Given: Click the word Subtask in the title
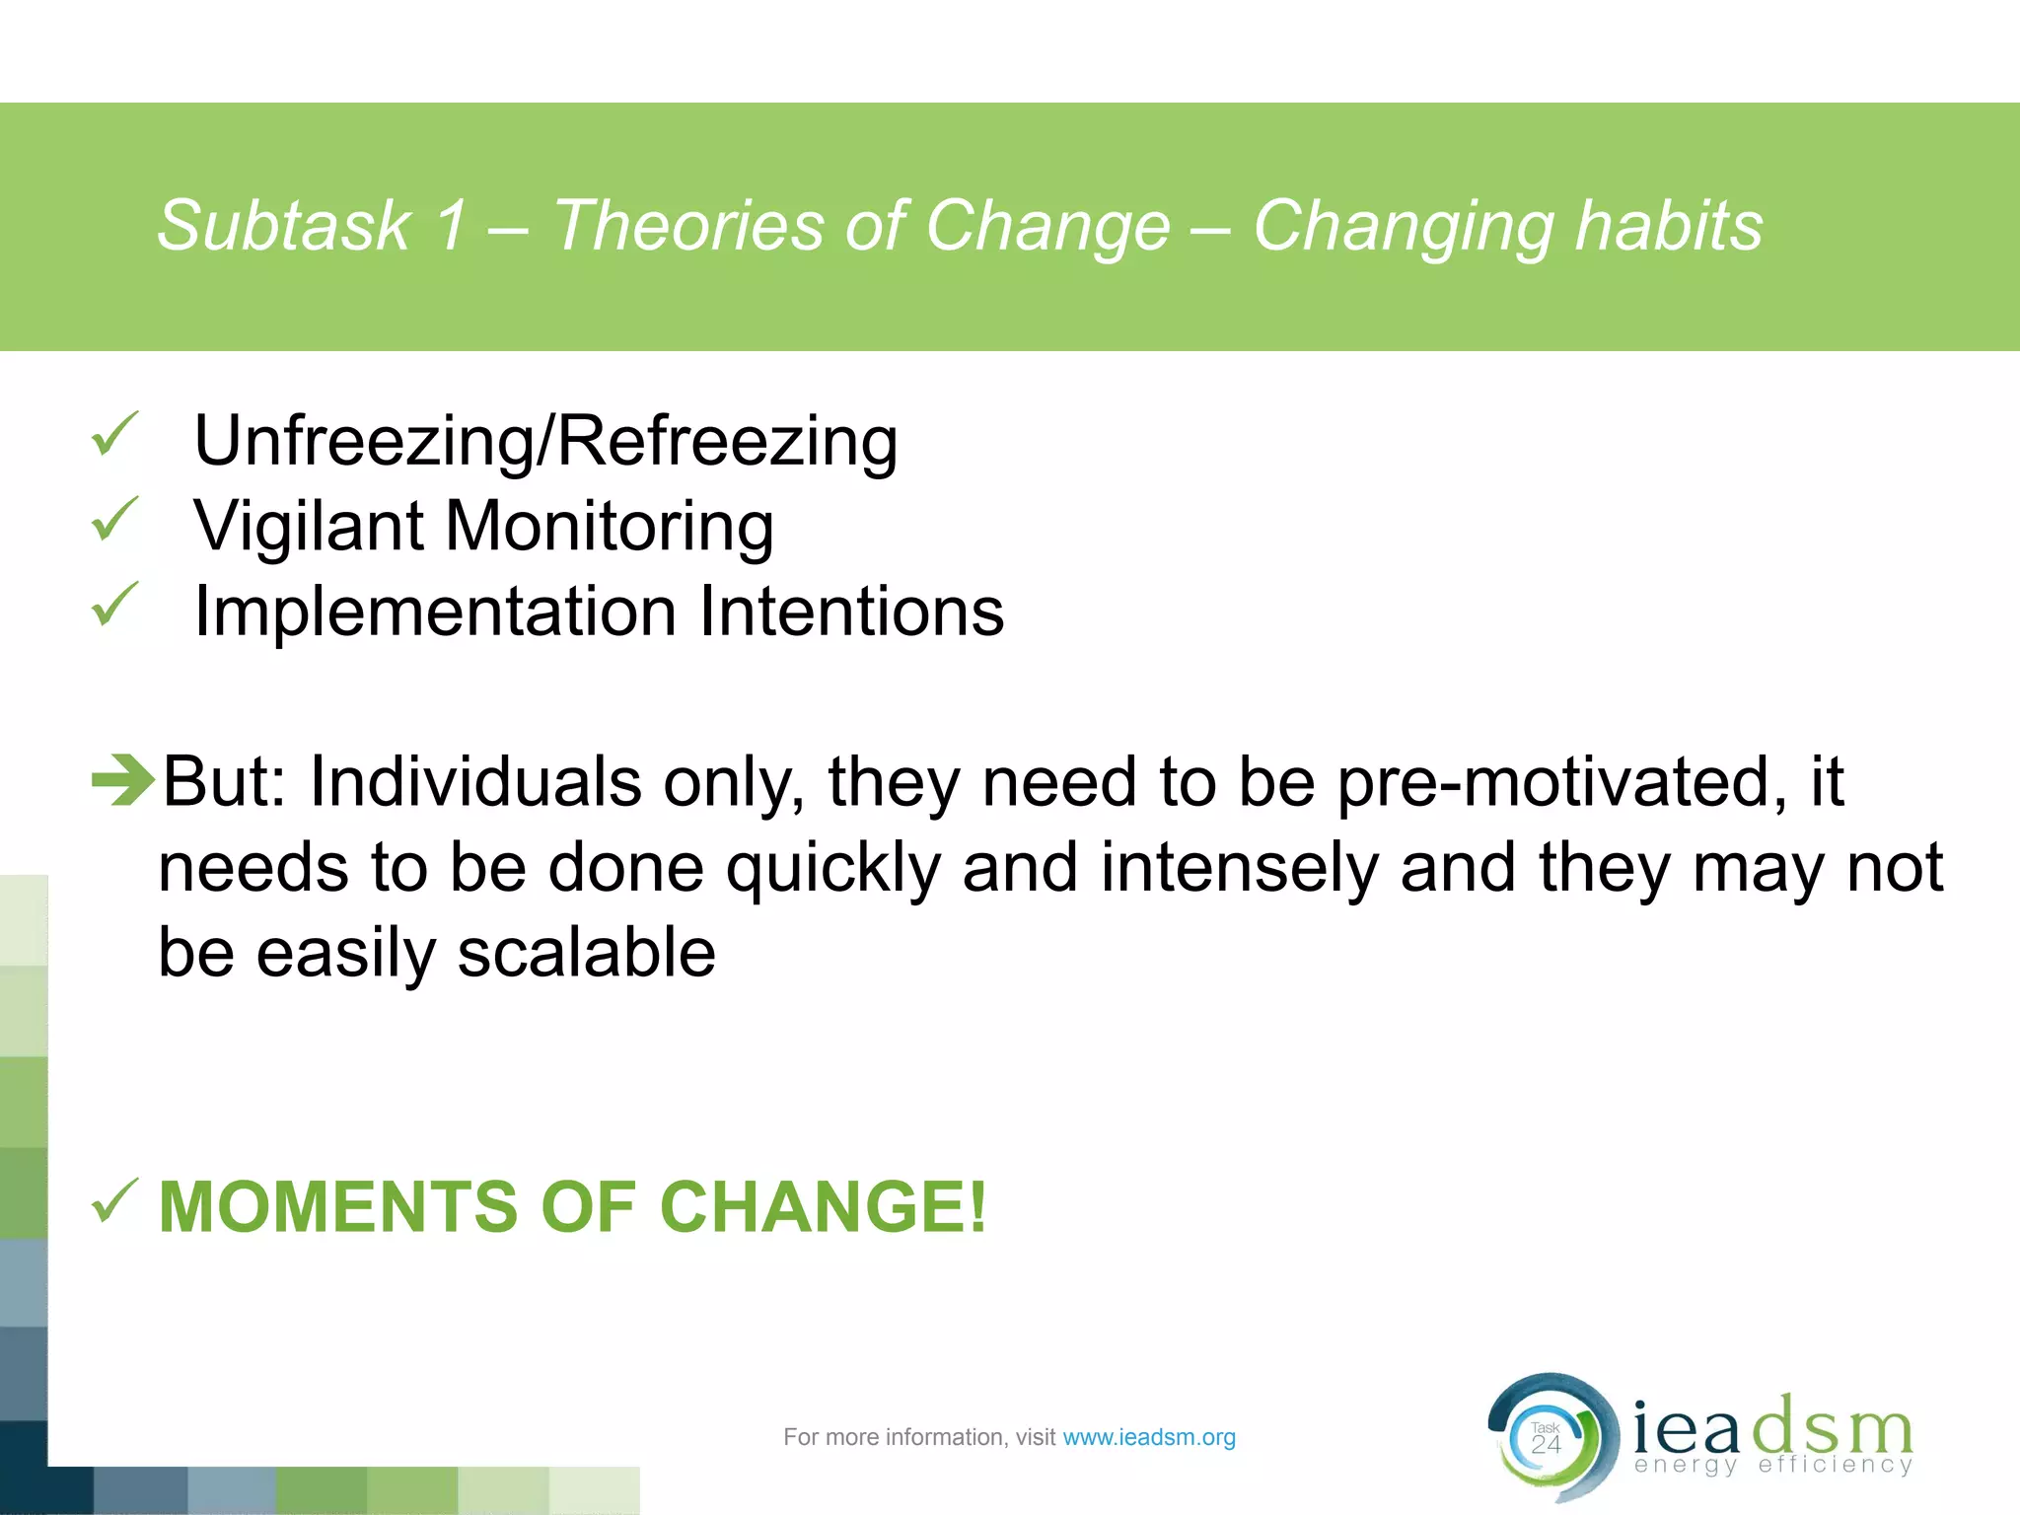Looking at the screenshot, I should coord(283,227).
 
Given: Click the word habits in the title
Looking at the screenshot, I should coord(1668,227).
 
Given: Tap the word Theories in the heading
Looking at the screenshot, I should coord(686,227).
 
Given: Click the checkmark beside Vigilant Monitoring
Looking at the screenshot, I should coord(114,520).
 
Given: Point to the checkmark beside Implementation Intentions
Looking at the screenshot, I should coord(114,605).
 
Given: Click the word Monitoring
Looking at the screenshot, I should coord(609,527).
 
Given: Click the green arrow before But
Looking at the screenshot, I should coord(122,779).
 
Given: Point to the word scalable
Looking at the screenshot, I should coord(586,954).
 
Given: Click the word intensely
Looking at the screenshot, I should coord(1239,869).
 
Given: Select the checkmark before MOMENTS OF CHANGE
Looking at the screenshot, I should coord(114,1200).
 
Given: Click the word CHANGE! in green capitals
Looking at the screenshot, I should coord(822,1207).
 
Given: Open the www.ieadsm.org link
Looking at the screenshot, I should coord(1148,1437).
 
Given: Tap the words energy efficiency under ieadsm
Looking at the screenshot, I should coord(1772,1465).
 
